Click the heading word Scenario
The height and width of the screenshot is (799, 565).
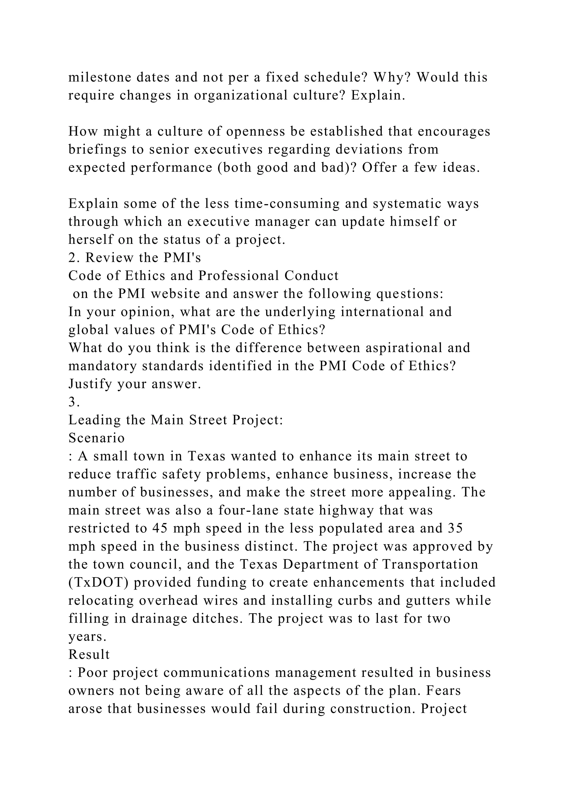96,438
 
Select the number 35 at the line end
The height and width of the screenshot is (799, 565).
455,529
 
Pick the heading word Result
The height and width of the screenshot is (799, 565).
89,655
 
